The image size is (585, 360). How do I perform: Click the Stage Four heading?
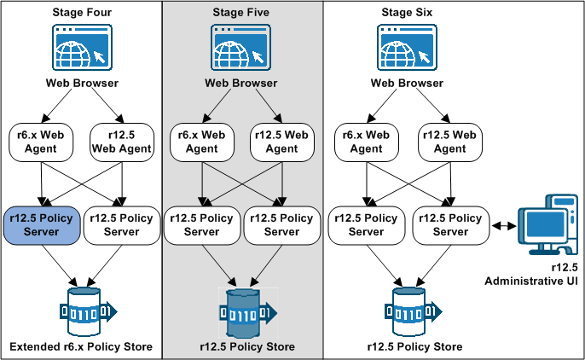coord(81,12)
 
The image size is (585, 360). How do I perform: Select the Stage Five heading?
coord(240,12)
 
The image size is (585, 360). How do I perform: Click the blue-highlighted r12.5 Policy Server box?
coord(43,225)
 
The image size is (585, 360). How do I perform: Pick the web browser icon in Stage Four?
coord(81,48)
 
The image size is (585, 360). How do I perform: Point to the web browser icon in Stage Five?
coord(240,48)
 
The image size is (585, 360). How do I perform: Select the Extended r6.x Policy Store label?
coord(81,346)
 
